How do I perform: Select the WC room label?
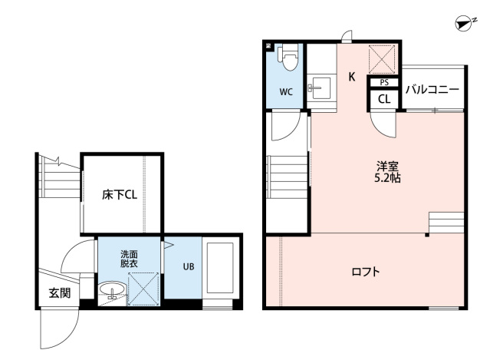[x=286, y=92]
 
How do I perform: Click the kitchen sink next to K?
[x=319, y=88]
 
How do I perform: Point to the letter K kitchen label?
[x=352, y=77]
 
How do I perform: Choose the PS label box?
[x=384, y=83]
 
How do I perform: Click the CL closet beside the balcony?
[x=384, y=100]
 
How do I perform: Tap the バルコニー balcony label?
[x=432, y=90]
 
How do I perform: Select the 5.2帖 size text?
[x=387, y=178]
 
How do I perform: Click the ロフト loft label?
[x=366, y=271]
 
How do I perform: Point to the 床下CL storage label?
[x=120, y=195]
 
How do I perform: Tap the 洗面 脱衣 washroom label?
[x=129, y=259]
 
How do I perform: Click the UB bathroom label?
[x=189, y=267]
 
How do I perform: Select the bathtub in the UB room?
[x=220, y=268]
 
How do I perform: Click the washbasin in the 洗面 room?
[x=112, y=290]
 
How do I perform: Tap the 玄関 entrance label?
[x=60, y=293]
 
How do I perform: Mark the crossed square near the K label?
[x=382, y=60]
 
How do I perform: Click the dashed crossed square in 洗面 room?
[x=143, y=289]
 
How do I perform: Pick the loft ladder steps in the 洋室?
[x=446, y=223]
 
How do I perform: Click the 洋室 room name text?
[x=387, y=166]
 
